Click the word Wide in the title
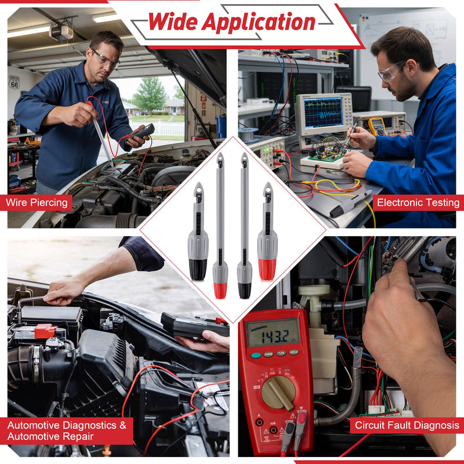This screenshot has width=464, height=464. pos(172,21)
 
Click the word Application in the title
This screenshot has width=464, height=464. pos(258,23)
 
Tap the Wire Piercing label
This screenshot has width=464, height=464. pos(37,202)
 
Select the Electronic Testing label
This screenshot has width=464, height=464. pos(418,202)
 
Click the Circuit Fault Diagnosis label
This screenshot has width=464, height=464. pos(407,425)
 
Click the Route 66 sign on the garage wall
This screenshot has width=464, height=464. pos(14,82)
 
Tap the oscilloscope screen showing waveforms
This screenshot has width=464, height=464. pos(324,113)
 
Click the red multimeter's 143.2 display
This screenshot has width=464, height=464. pos(273,332)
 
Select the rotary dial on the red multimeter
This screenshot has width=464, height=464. pos(278,392)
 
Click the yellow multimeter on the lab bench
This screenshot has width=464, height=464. pos(377,126)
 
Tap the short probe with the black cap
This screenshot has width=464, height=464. pos(198,231)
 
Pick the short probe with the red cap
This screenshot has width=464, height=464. pos(267,231)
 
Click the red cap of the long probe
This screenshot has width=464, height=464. pos(220,291)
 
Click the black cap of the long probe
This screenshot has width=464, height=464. pos(244,291)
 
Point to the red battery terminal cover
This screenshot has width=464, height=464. pos(45,331)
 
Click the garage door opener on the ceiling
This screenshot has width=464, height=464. pos(61,32)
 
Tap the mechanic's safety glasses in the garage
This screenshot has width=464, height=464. pos(106,59)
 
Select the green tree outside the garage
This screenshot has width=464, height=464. pos(150,93)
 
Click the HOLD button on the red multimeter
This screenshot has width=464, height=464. pos(293,352)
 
